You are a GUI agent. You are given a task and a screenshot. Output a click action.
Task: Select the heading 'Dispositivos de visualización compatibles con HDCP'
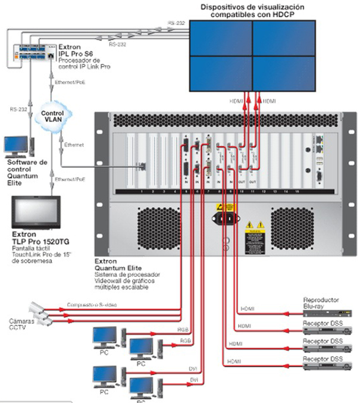[252, 10]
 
